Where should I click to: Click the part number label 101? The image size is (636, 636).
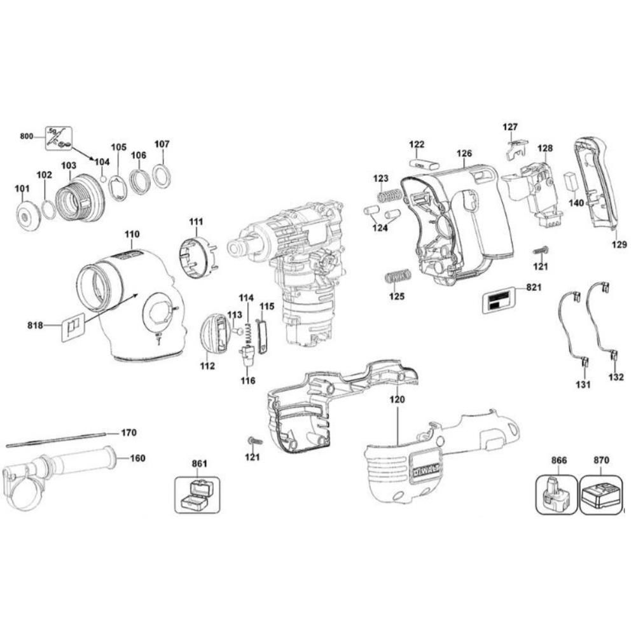point(22,189)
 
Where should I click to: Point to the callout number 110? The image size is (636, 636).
point(132,235)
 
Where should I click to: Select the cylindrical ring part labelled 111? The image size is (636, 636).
point(198,257)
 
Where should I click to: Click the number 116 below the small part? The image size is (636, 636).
point(247,380)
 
